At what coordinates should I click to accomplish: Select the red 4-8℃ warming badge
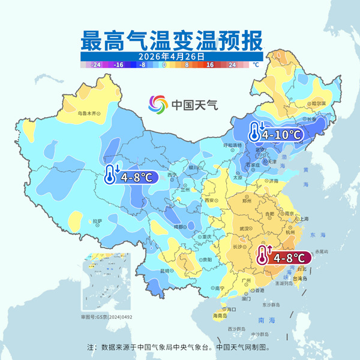(283, 257)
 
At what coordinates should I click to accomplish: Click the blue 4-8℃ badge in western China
(130, 176)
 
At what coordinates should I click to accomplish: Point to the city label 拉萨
(98, 221)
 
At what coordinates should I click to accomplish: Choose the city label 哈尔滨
(318, 103)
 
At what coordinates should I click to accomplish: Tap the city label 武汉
(244, 228)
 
